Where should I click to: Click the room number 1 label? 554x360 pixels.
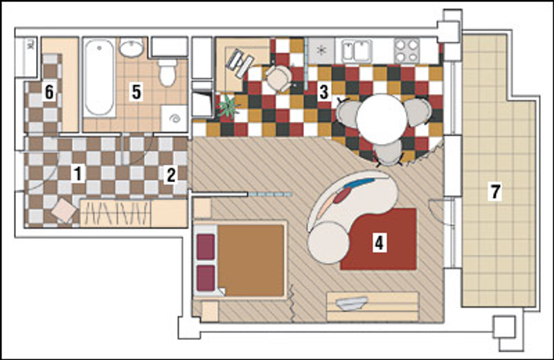point(77,174)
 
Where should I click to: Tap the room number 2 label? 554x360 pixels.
point(171,175)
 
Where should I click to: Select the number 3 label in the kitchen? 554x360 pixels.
point(323,91)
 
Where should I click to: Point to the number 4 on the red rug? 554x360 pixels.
point(379,243)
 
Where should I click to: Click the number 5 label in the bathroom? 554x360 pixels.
point(136,92)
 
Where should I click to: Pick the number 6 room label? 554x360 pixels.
point(49,92)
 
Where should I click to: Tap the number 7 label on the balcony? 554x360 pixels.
point(495,191)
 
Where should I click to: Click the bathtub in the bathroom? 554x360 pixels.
point(100,78)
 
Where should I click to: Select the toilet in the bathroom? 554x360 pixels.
point(167,73)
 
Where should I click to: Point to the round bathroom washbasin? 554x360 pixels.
point(131,47)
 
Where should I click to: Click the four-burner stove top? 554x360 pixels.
point(406,50)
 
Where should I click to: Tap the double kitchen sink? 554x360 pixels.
point(356,51)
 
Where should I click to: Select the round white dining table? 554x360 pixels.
point(382,119)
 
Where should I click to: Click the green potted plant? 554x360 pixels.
point(227,107)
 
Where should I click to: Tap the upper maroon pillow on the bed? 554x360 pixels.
point(206,247)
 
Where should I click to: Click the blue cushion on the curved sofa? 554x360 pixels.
point(359,183)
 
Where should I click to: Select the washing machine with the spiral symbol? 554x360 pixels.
point(174,118)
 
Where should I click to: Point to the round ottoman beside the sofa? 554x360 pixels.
point(328,243)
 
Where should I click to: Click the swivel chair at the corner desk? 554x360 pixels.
point(279,78)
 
